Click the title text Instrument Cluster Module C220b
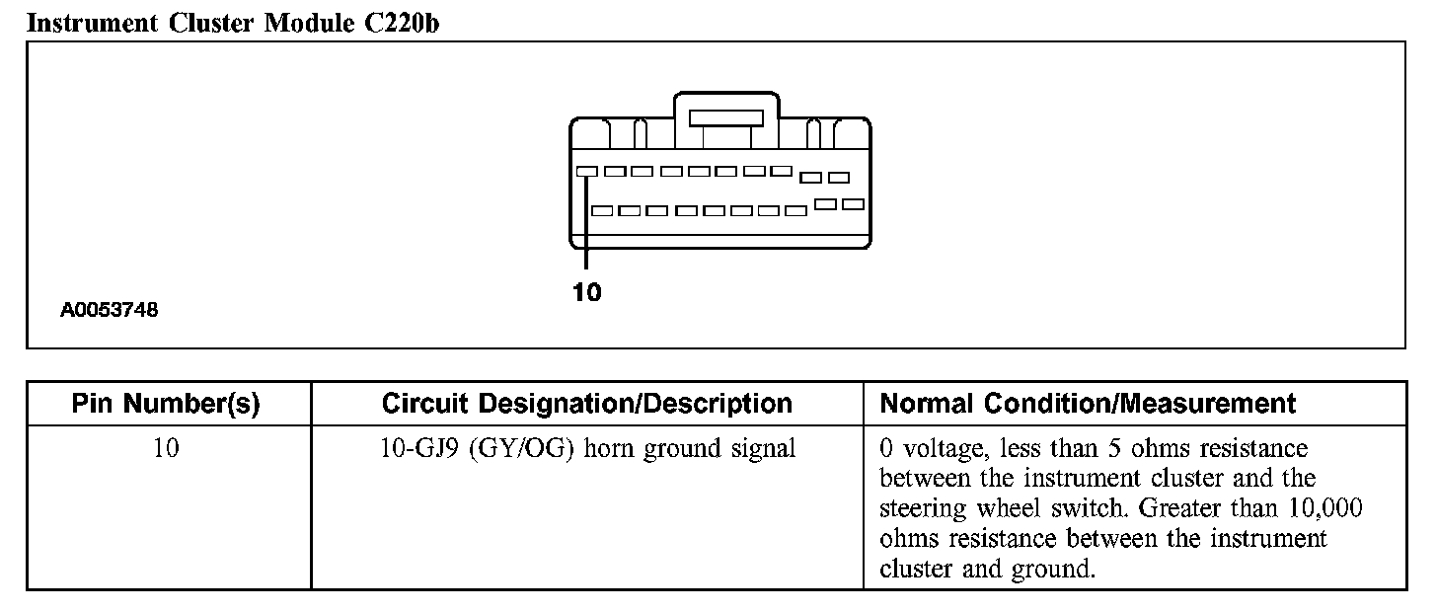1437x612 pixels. click(233, 23)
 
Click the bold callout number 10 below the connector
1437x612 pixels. click(586, 292)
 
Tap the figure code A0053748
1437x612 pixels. click(110, 310)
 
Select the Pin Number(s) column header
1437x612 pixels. click(166, 404)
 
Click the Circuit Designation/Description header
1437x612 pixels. click(586, 404)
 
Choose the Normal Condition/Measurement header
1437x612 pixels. click(1088, 404)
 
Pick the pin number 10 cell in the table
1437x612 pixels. click(166, 449)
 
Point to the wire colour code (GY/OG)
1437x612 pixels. click(522, 449)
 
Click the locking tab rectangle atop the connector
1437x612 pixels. click(726, 117)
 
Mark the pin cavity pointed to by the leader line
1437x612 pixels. click(586, 171)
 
